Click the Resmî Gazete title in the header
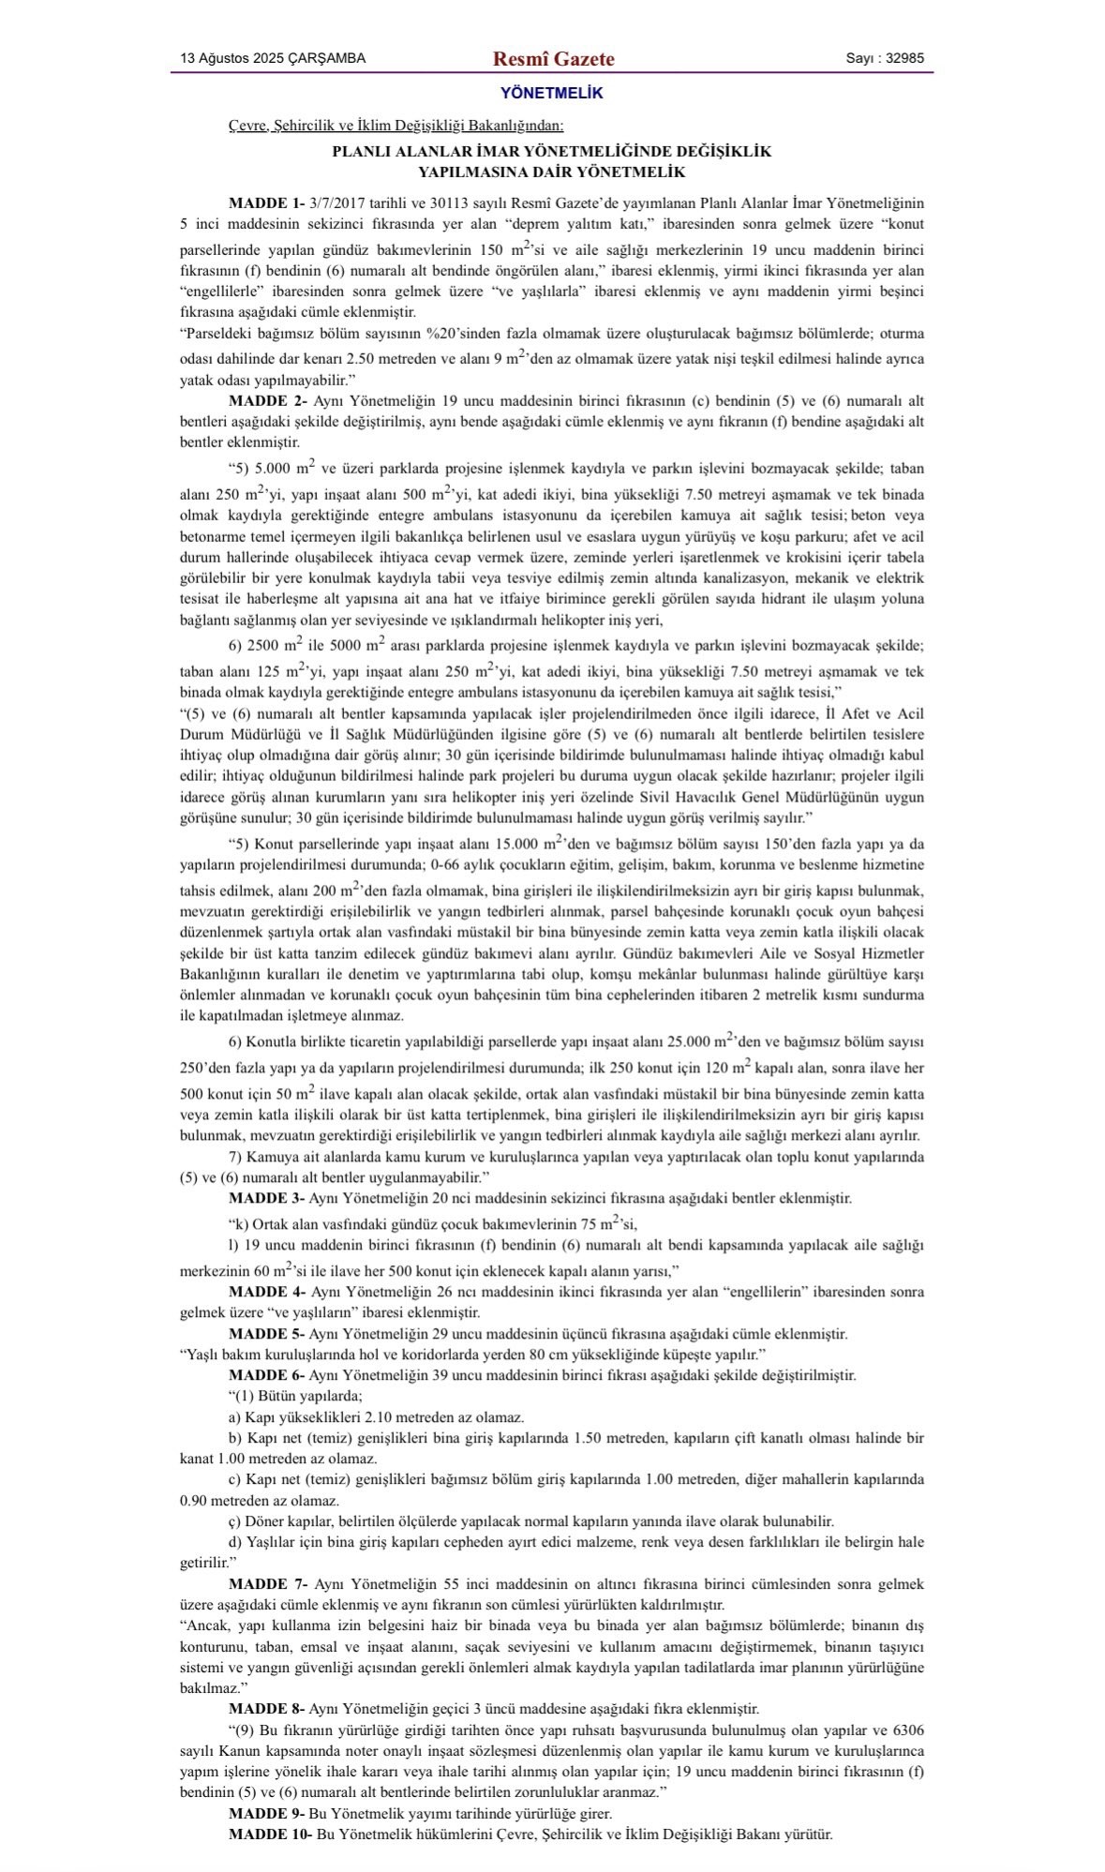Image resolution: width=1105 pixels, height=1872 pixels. point(553,59)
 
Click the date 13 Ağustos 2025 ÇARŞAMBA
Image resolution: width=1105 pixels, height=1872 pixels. point(273,58)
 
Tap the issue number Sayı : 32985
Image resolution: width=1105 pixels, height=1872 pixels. point(884,58)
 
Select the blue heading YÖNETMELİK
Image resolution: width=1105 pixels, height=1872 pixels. point(551,94)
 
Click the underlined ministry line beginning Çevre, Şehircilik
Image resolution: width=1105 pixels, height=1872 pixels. point(396,125)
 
